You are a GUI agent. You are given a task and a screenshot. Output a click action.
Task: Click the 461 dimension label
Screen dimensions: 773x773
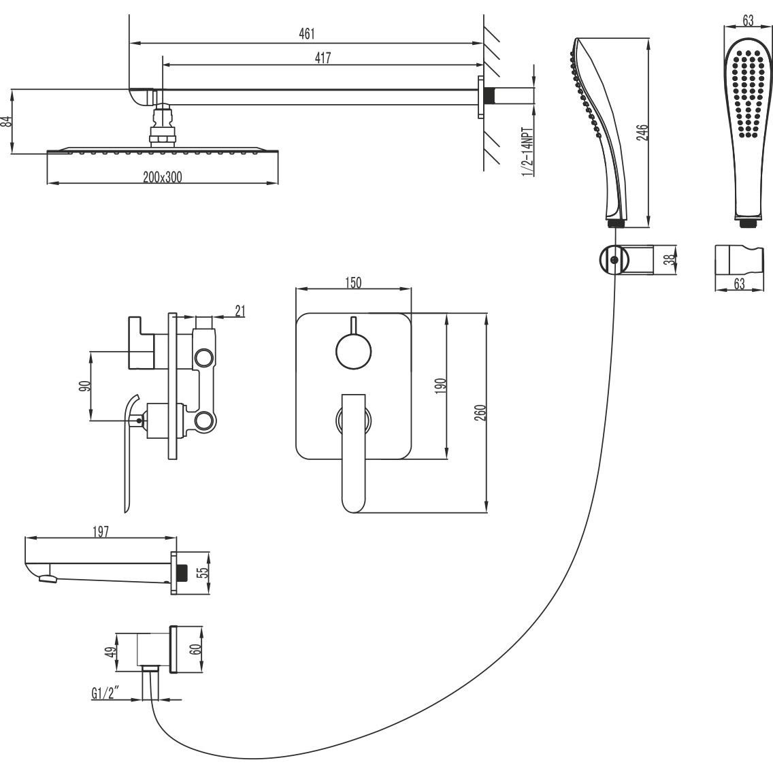[x=307, y=33]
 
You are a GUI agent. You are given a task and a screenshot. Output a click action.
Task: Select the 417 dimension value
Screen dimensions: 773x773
[x=323, y=58]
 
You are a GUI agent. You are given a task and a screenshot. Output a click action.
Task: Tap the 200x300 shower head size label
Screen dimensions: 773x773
[x=163, y=177]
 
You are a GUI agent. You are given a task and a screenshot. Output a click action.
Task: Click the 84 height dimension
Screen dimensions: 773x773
[x=6, y=121]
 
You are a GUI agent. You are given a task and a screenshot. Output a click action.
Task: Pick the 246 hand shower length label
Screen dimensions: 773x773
[x=642, y=133]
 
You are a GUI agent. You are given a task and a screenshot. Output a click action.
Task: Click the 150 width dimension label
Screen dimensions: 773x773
[x=353, y=282]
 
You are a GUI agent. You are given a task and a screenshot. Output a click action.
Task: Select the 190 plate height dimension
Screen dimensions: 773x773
[x=441, y=385]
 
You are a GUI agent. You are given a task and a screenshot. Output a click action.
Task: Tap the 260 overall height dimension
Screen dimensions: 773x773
[x=480, y=412]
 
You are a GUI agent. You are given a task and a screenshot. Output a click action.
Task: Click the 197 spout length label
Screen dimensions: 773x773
[x=100, y=531]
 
